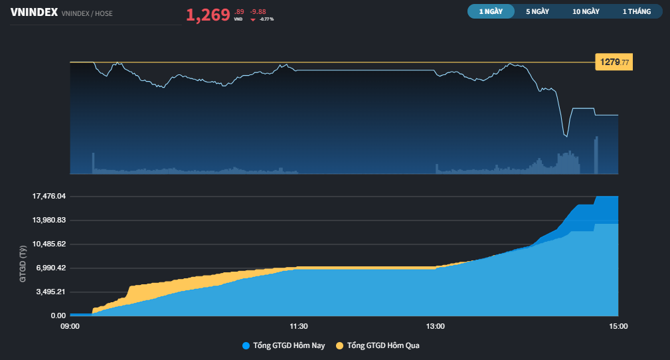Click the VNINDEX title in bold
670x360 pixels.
tap(34, 13)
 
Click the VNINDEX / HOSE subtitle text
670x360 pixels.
tap(87, 14)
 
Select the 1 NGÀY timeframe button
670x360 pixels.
tap(491, 11)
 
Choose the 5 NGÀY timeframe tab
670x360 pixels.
tap(538, 11)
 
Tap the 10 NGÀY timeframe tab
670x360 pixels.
tap(586, 11)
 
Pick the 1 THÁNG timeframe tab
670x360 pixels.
tap(637, 11)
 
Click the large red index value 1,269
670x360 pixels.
tap(208, 15)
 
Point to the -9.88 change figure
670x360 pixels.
tap(258, 12)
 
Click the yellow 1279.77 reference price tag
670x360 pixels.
tap(614, 62)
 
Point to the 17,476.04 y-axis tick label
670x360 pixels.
tap(49, 196)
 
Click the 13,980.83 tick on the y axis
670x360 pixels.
tap(49, 221)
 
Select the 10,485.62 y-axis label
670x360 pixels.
tap(49, 244)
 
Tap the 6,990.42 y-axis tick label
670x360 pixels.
tap(51, 268)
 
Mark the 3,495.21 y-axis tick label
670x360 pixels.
tap(51, 292)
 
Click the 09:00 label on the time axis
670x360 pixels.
tap(70, 327)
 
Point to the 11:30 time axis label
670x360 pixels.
tap(299, 327)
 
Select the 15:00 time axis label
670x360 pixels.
tap(618, 327)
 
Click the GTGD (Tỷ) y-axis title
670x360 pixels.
tap(23, 264)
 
